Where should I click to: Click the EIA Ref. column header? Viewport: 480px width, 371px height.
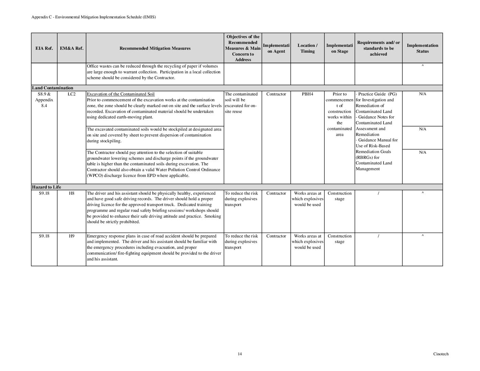44,48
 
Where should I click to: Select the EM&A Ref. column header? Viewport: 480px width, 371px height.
71,48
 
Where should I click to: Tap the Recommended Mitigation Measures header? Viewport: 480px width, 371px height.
155,48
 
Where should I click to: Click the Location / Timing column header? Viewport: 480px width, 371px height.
308,48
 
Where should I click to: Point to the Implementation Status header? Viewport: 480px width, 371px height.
422,48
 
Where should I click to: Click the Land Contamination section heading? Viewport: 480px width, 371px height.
53,88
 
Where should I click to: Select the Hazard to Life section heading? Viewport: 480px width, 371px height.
46,187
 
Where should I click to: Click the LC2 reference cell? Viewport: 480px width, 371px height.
71,94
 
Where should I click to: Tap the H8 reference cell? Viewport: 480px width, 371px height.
71,193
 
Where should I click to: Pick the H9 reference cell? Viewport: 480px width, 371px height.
71,236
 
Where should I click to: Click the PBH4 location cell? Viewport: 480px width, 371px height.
308,94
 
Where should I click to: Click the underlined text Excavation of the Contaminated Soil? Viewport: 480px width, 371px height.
121,94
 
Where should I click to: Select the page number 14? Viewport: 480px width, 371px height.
239,354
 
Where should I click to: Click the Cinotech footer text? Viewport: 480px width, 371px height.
441,354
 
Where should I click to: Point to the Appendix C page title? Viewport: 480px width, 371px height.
93,17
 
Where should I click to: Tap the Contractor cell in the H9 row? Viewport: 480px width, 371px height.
276,236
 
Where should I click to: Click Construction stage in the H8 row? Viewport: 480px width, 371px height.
339,196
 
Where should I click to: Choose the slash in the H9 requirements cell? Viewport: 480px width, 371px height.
378,236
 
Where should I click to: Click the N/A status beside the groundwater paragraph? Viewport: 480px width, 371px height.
422,152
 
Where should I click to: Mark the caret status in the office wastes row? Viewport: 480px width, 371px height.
422,66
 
